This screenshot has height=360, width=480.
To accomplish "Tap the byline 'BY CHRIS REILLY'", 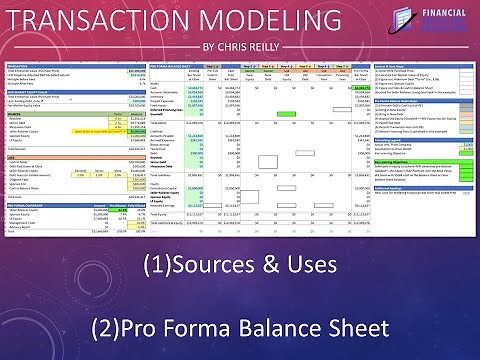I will click(240, 47).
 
